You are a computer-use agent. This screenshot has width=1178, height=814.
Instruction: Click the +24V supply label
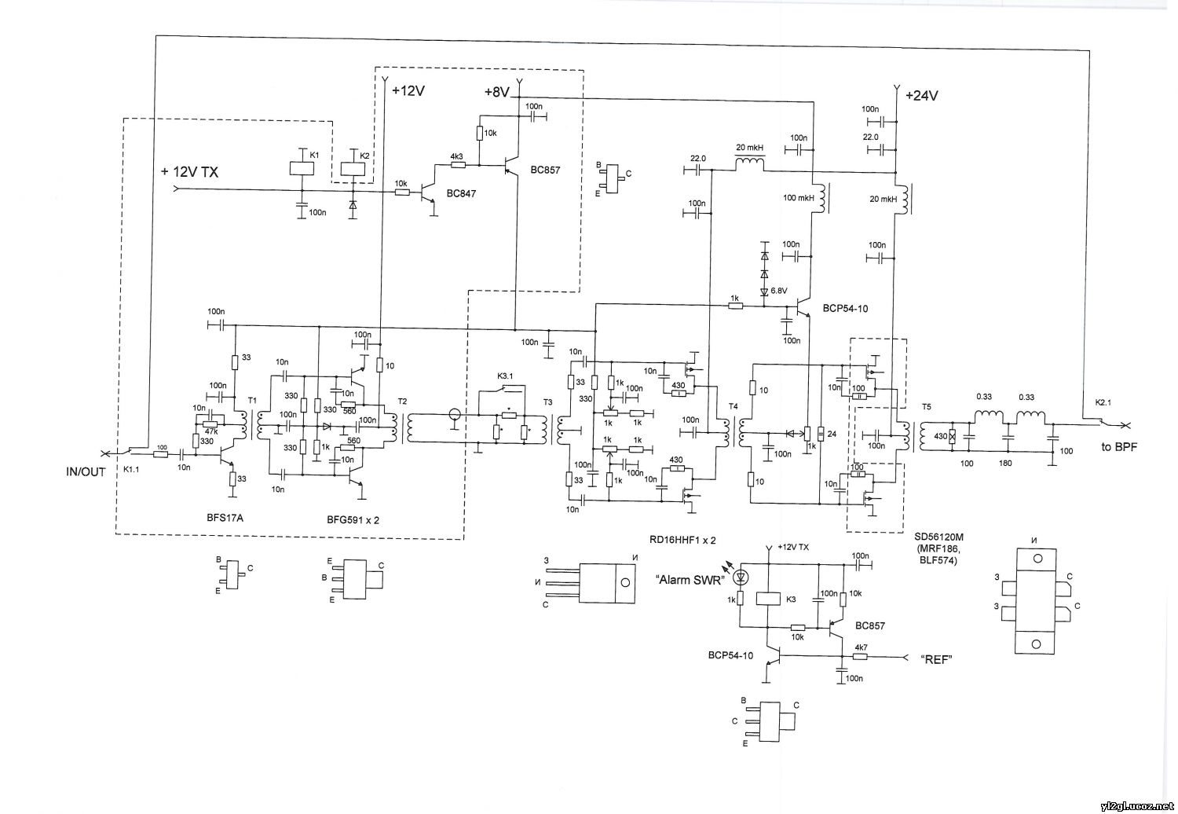(921, 96)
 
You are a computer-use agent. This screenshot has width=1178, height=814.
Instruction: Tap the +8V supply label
(497, 93)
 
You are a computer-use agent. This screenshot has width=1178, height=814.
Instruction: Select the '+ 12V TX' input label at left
(189, 171)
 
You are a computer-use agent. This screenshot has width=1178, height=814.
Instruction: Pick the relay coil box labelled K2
(352, 168)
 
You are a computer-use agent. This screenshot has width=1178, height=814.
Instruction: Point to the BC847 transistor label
(459, 192)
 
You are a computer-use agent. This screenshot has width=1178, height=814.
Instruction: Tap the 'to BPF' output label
(1117, 446)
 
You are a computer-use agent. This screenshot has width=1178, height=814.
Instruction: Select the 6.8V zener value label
(778, 291)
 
